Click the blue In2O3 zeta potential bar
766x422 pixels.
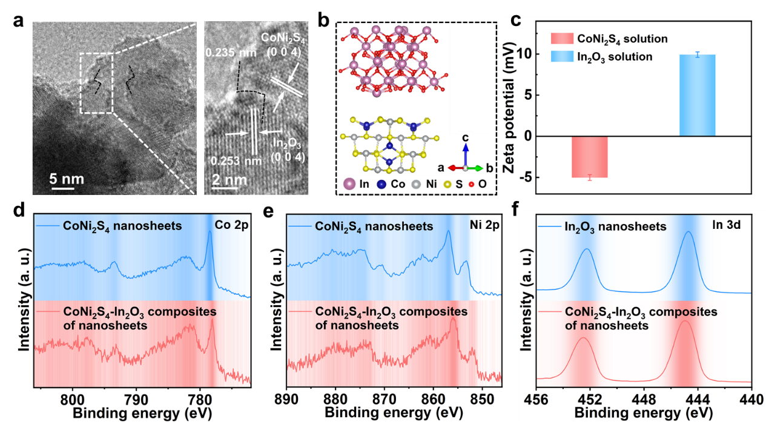tap(697, 95)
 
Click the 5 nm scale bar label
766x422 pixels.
tap(67, 179)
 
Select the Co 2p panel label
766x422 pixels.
tap(230, 225)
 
